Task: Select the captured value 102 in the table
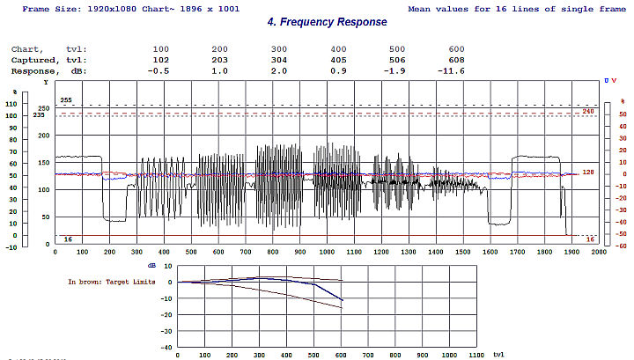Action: (x=160, y=60)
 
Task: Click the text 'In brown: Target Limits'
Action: (x=112, y=283)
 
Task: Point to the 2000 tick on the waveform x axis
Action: (x=599, y=253)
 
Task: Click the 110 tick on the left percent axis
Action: (x=11, y=104)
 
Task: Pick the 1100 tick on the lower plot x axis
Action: (x=475, y=355)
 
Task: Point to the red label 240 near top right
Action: (x=588, y=112)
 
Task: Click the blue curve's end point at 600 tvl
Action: (x=341, y=301)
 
